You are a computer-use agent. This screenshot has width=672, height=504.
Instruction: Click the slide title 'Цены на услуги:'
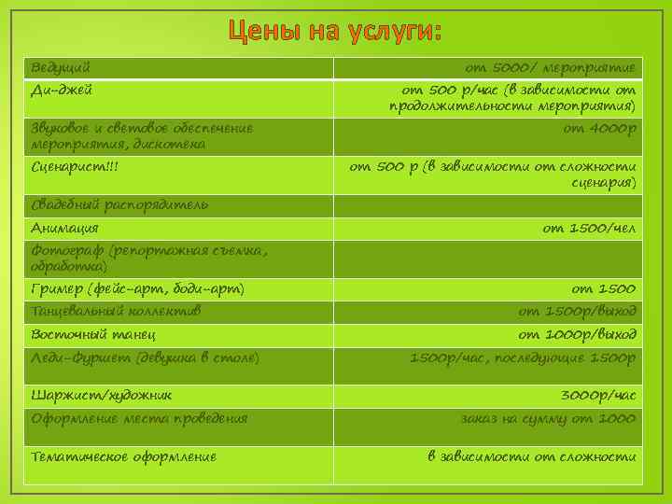(335, 33)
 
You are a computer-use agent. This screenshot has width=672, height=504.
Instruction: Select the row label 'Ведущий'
(61, 68)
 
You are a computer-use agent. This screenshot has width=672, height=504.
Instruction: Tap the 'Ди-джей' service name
(62, 91)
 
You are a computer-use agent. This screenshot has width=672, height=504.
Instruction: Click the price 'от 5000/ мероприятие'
(551, 68)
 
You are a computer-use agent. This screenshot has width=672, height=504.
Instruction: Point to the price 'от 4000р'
(599, 128)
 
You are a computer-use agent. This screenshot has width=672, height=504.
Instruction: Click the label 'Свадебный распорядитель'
(119, 204)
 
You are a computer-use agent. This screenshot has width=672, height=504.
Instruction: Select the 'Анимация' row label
(64, 228)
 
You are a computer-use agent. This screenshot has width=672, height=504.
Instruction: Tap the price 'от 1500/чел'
(589, 228)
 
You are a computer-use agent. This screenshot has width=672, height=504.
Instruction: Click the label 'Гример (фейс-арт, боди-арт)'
(137, 289)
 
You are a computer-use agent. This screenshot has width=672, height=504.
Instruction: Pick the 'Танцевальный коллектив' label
(116, 311)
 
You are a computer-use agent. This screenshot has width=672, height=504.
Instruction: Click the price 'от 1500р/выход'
(578, 311)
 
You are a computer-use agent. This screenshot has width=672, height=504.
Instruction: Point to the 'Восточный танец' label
(92, 334)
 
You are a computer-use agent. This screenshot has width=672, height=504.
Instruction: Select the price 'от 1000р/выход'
(578, 334)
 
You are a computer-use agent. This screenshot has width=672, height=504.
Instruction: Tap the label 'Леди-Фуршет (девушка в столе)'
(145, 357)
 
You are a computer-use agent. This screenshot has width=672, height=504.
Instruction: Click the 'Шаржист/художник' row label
(101, 396)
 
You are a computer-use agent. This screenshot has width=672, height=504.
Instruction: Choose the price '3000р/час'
(597, 396)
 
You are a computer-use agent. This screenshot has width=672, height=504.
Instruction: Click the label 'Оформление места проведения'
(139, 419)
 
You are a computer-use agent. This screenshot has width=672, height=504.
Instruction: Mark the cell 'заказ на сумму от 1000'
(548, 419)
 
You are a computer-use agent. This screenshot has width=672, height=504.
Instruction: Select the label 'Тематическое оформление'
(123, 456)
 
